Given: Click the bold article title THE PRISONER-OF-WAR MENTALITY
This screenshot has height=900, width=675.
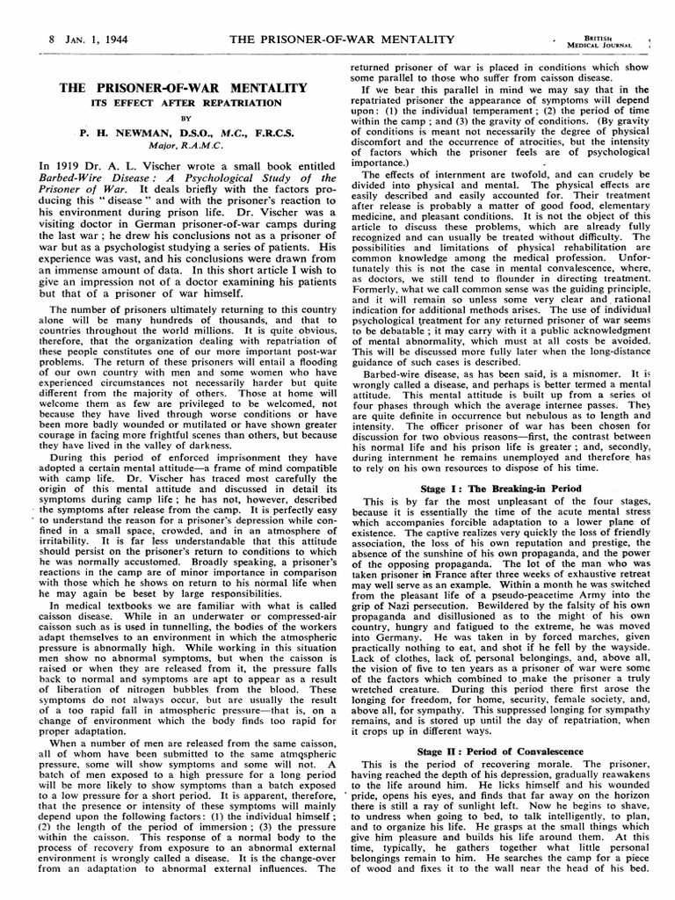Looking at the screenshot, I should [x=183, y=89].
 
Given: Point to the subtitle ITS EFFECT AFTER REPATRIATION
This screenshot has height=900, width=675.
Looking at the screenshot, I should [x=183, y=102].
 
